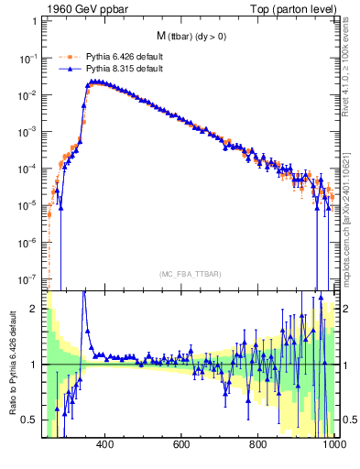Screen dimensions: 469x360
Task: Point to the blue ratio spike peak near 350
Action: click(84, 292)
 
